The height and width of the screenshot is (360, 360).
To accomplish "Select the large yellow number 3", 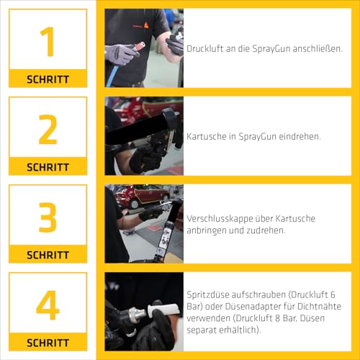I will coord(48,217).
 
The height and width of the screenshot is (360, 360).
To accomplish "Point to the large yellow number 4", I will coord(48,305).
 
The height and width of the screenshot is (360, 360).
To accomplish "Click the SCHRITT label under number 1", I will coord(48,79).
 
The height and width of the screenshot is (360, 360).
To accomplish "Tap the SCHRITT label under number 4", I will coord(48,343).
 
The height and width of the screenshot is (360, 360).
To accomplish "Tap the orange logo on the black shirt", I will coord(146,24).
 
